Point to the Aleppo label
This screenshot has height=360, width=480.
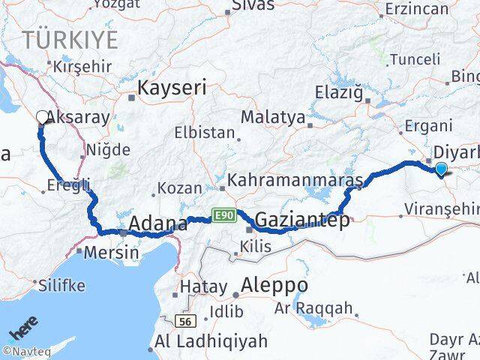(x=274, y=285)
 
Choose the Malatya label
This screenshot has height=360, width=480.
(x=273, y=118)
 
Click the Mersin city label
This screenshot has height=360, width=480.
(x=111, y=252)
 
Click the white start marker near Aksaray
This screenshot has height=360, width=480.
(x=41, y=116)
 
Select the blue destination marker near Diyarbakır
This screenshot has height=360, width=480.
(x=441, y=169)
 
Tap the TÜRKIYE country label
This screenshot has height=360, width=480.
(x=70, y=39)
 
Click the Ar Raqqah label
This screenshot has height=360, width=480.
(x=324, y=307)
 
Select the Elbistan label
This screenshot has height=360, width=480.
(x=205, y=133)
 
